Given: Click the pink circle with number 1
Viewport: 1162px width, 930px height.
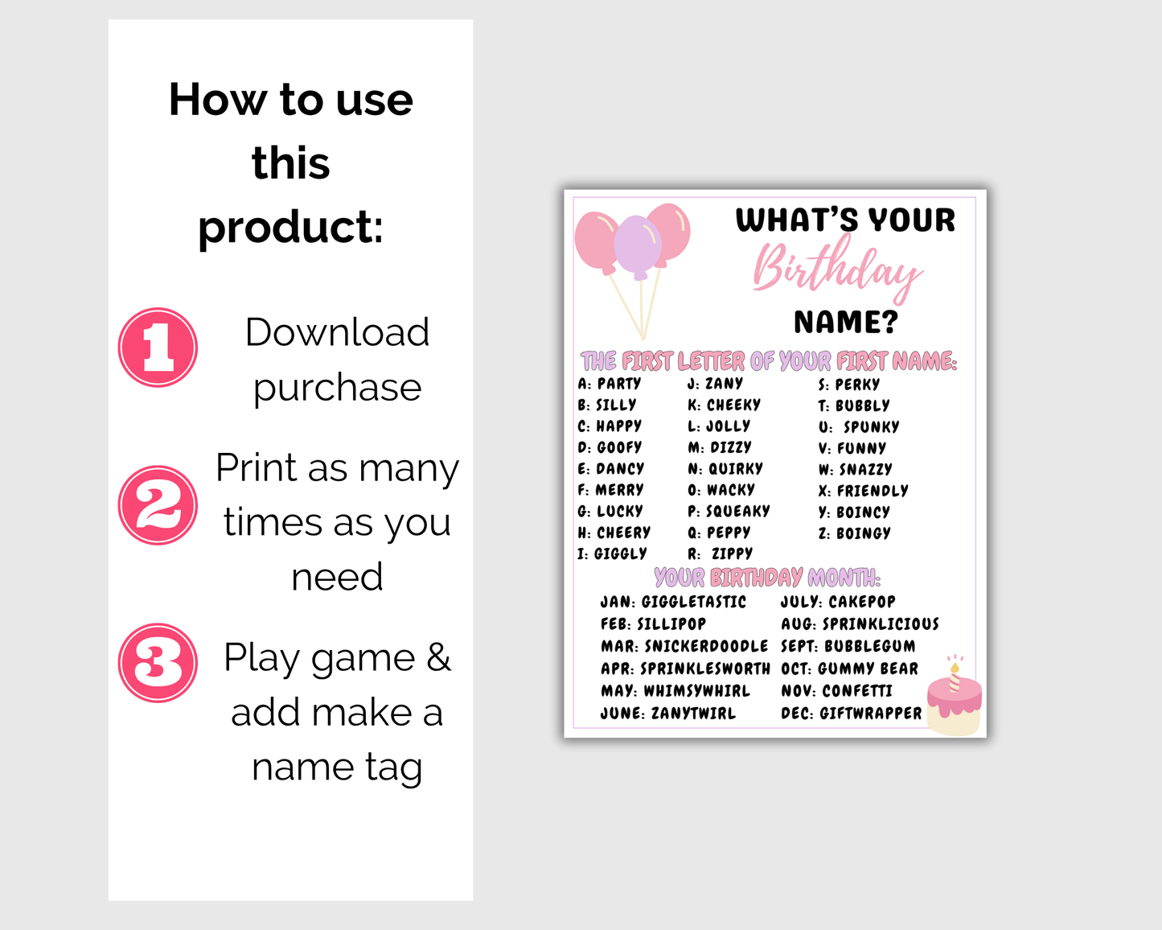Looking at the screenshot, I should [x=158, y=348].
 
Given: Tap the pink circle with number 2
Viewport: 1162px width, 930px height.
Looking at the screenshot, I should [x=158, y=505].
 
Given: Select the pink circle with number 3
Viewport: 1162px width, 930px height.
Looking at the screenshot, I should [x=158, y=663].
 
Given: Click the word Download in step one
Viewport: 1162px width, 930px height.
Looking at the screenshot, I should [x=337, y=332].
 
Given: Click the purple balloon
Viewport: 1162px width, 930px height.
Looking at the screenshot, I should [x=638, y=246].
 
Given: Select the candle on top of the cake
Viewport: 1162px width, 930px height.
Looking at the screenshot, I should [x=955, y=677].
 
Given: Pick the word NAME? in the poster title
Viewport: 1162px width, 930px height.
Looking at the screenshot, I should [x=845, y=323].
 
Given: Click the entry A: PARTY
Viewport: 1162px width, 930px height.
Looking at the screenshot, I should [x=610, y=384].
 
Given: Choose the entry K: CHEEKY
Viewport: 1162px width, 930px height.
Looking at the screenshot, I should [x=724, y=405].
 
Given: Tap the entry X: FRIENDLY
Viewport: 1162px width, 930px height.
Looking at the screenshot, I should [x=863, y=491].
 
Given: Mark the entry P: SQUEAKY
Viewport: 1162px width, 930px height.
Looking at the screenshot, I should [x=729, y=511].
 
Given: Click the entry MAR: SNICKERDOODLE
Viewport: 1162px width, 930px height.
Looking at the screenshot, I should [x=684, y=646].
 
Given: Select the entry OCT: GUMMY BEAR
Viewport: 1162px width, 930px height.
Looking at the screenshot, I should [x=849, y=669].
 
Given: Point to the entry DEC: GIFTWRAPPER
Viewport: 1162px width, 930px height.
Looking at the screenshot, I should [x=851, y=714].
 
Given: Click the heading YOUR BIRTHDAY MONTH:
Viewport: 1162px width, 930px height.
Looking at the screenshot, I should [x=767, y=578].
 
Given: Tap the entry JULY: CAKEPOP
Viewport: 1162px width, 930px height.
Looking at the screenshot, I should [x=838, y=602].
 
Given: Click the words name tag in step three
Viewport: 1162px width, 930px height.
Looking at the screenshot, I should [x=337, y=767].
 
